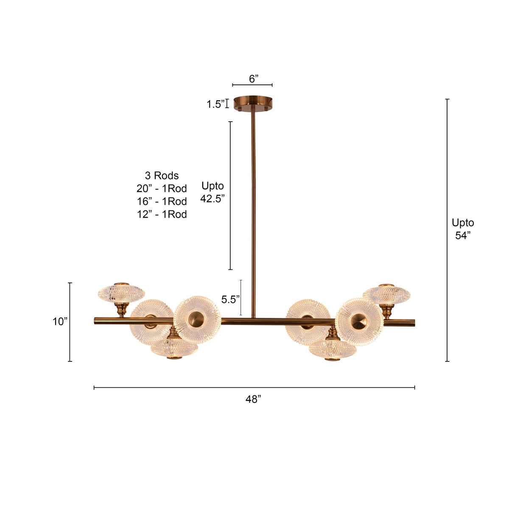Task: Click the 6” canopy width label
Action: (253, 78)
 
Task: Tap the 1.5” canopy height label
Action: (215, 104)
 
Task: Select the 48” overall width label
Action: (253, 399)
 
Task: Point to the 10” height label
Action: (60, 322)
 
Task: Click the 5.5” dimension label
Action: (230, 299)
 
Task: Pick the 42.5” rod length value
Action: (213, 199)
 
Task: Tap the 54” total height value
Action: (463, 235)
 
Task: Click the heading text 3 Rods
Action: (162, 175)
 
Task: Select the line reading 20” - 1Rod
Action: (162, 188)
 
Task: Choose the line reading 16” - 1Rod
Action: (162, 201)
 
